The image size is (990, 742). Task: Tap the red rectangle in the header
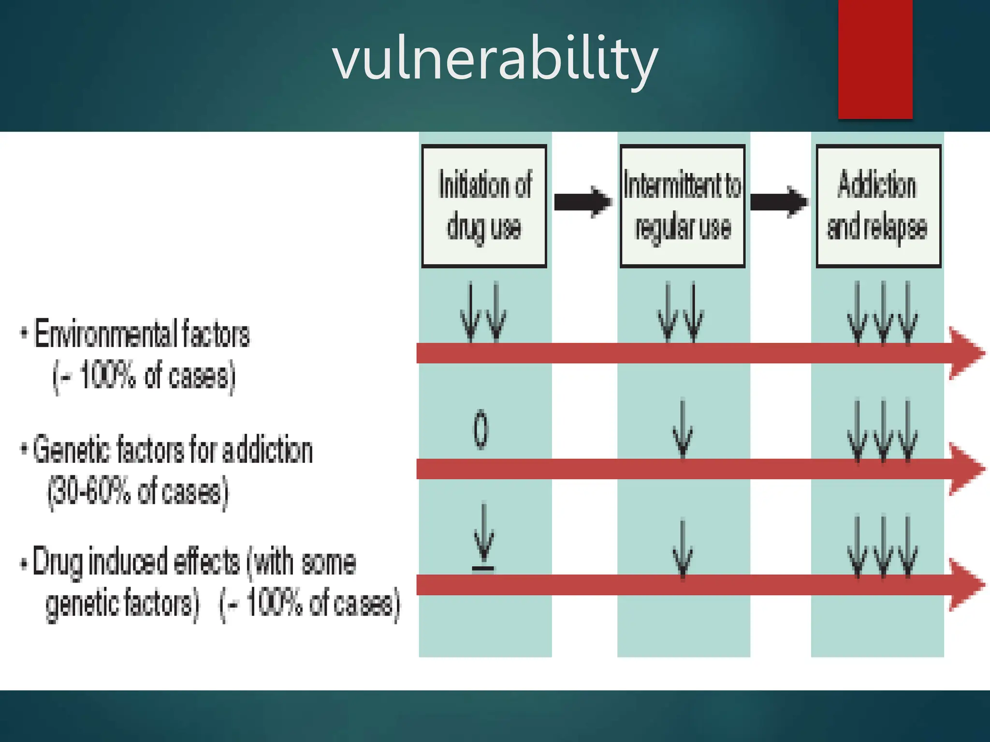point(875,59)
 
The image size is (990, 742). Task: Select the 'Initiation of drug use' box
point(484,206)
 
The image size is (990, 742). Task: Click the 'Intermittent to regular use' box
point(683,206)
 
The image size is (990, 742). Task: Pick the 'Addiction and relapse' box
point(878,206)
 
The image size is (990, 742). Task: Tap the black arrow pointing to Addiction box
point(779,201)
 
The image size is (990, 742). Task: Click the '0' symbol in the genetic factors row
point(480,429)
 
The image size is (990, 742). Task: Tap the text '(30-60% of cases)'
point(138,492)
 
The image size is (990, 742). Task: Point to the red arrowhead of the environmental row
point(966,353)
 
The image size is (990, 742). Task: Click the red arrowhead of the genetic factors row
point(966,469)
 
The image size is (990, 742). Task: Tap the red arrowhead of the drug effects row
point(966,585)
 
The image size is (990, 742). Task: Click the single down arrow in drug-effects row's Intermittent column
point(683,548)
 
